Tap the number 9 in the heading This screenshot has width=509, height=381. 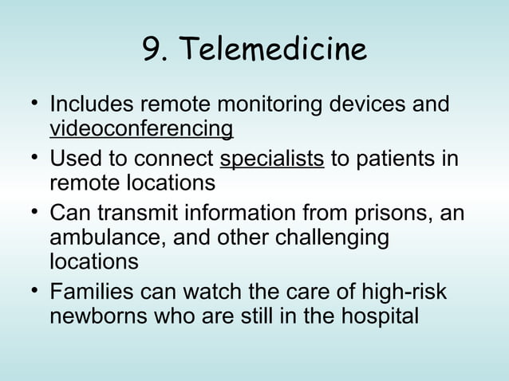pyautogui.click(x=151, y=51)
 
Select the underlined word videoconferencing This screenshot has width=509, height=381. pyautogui.click(x=141, y=128)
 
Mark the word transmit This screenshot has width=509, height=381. pyautogui.click(x=133, y=215)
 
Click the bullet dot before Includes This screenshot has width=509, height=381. pyautogui.click(x=29, y=104)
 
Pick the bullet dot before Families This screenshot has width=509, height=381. pyautogui.click(x=29, y=292)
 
